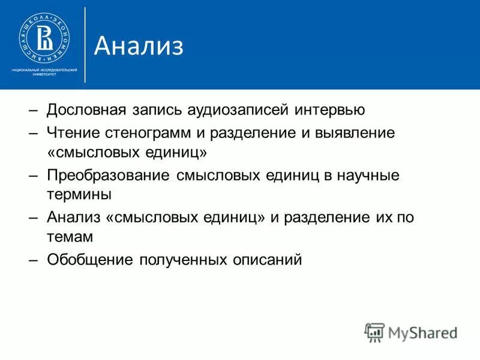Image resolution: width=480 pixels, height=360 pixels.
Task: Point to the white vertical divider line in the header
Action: [85, 44]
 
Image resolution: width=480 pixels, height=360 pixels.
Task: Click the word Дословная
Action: [86, 111]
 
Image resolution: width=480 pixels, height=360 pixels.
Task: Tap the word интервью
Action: [329, 111]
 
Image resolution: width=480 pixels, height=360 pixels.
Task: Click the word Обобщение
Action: [90, 260]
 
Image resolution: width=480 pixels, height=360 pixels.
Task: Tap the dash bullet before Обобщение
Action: [34, 260]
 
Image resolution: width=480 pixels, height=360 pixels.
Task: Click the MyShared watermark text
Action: [420, 332]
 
